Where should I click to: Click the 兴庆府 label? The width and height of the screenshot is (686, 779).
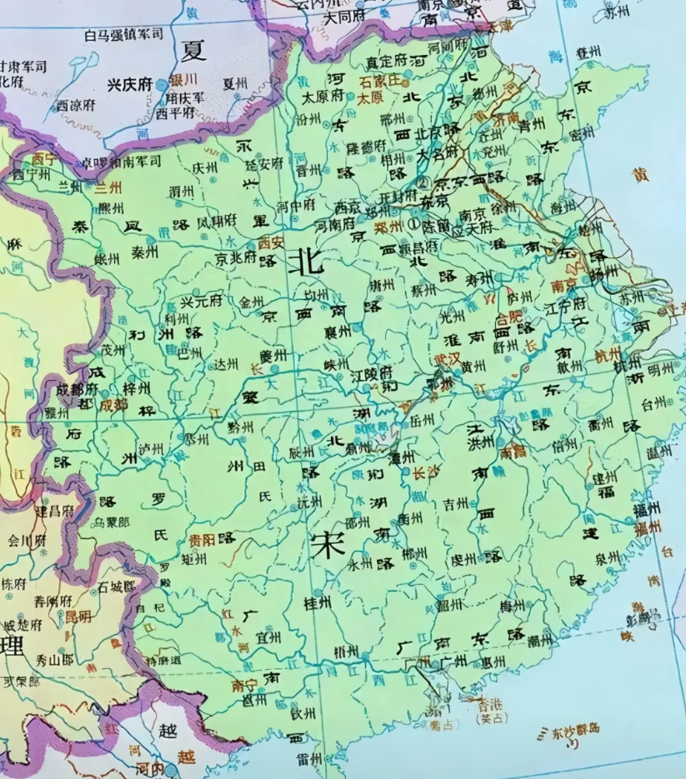tap(130, 84)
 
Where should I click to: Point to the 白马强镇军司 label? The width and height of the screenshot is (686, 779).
tap(124, 34)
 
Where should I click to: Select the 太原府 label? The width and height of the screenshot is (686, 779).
tap(323, 96)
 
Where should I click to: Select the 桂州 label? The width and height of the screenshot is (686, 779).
tap(318, 602)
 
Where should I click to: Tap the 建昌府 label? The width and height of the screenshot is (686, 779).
tap(54, 509)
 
